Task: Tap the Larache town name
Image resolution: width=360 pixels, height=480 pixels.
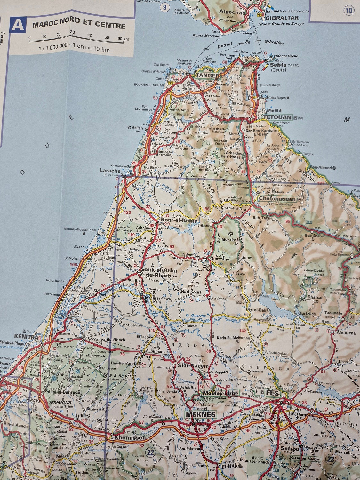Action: (x=110, y=171)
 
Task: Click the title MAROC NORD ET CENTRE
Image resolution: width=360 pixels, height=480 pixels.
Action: (x=79, y=25)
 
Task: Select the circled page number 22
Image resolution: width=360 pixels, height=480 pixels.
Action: (x=150, y=452)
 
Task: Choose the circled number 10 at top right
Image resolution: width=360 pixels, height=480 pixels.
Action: (x=349, y=10)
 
